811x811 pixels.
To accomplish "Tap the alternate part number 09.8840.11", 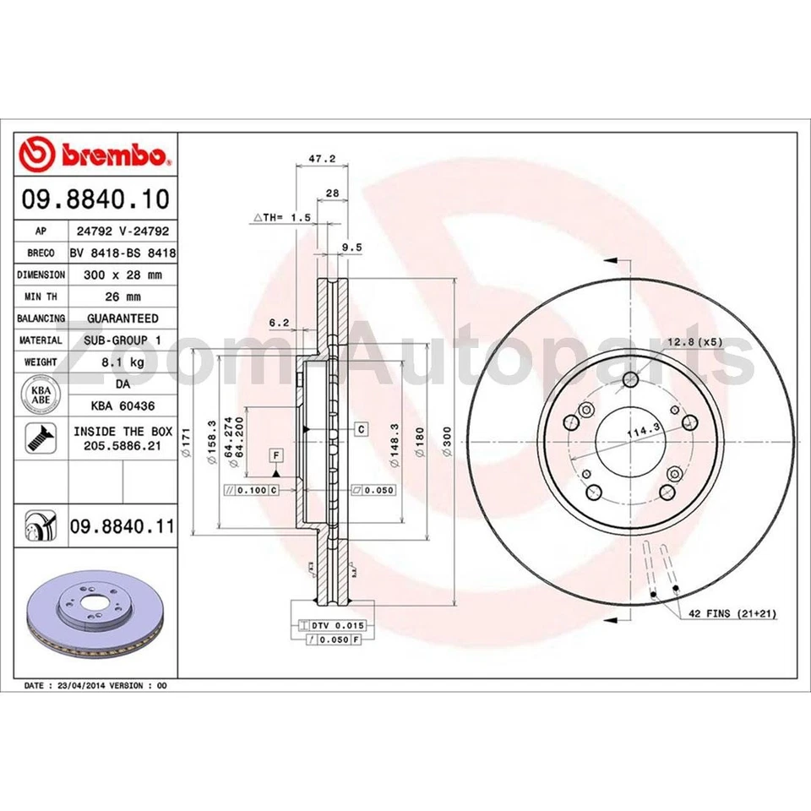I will coord(122,527).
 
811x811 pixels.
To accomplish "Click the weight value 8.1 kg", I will coord(122,362).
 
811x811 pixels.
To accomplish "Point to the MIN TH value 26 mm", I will coord(122,297).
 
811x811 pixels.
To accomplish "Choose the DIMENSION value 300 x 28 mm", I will coord(122,275).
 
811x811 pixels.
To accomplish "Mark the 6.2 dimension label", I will coord(279,322).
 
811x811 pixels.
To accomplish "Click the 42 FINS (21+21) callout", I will coord(732,614).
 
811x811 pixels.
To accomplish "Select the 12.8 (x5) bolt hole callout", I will coord(694,341).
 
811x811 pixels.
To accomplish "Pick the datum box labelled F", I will coord(275,455).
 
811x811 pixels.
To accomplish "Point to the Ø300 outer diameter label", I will coord(448,440).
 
